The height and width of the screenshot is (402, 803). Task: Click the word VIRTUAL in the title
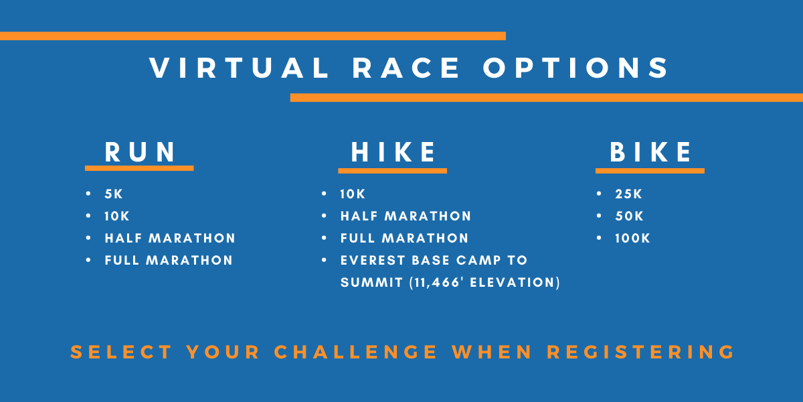(239, 68)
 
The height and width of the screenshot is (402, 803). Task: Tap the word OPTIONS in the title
(575, 68)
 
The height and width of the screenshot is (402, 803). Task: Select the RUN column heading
(140, 152)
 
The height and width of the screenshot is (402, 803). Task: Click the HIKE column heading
(393, 152)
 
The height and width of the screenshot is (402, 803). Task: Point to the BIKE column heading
(650, 152)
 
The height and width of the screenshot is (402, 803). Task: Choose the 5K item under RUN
(114, 194)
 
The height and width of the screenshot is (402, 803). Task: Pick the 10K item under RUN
(117, 216)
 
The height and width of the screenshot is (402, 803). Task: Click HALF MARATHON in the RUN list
(170, 239)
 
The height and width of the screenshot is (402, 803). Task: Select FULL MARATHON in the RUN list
(169, 260)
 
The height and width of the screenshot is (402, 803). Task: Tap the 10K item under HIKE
(353, 194)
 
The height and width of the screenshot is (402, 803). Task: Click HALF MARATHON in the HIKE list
(406, 216)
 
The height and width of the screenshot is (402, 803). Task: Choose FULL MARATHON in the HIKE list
(404, 239)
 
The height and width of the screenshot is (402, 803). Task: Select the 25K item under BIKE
(628, 194)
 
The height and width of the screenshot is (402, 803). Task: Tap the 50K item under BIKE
(630, 216)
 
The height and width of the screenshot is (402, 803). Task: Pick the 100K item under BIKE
(633, 239)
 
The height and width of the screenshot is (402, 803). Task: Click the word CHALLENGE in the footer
(355, 352)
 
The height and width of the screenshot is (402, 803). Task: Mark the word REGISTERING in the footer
(640, 352)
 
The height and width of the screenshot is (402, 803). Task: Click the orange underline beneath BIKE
(650, 171)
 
